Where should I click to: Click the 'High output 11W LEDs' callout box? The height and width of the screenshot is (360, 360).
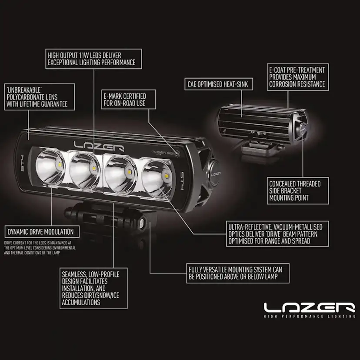pyautogui.click(x=93, y=59)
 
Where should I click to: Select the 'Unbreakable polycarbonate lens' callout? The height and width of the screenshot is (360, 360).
pyautogui.click(x=37, y=97)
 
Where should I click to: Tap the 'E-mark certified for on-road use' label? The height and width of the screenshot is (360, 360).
pyautogui.click(x=124, y=100)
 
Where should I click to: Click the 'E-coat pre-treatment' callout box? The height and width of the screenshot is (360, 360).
pyautogui.click(x=297, y=77)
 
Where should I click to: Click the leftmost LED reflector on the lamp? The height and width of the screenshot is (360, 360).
pyautogui.click(x=50, y=167)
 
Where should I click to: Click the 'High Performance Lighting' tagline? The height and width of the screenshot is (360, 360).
pyautogui.click(x=309, y=317)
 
